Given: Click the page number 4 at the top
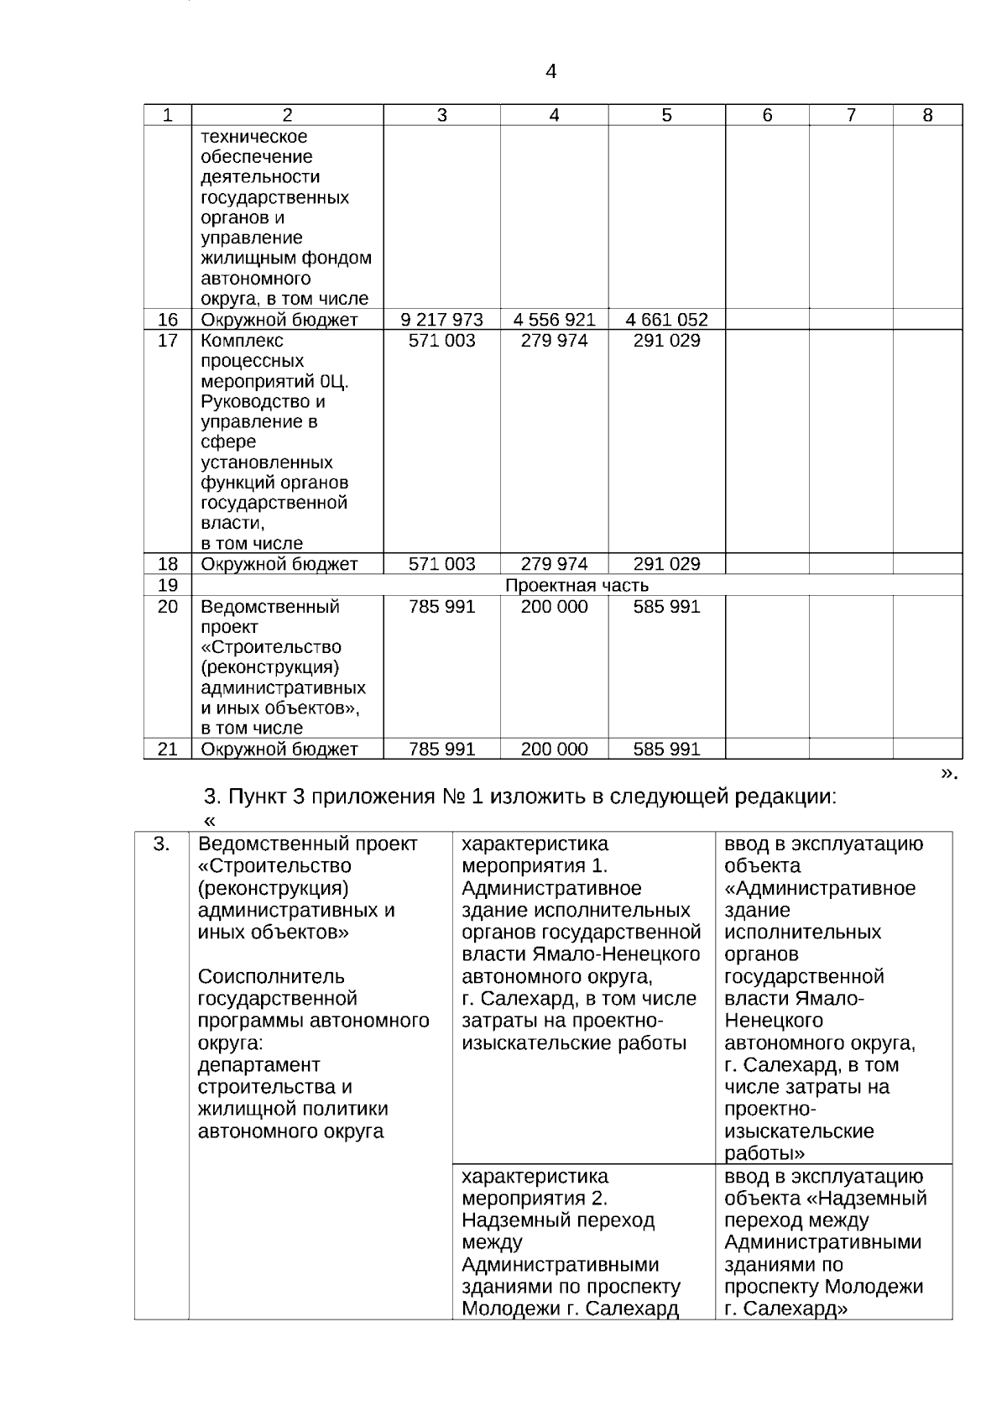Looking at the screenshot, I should click(x=550, y=72).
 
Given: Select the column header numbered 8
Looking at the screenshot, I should click(x=927, y=116).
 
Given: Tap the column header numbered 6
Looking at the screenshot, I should click(x=767, y=116).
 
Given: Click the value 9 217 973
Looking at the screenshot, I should click(x=442, y=320).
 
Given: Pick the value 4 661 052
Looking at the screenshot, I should click(x=666, y=320).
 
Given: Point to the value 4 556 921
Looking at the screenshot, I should click(x=554, y=320).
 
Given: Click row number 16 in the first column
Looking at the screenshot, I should click(x=168, y=320).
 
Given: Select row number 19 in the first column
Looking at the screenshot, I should click(x=168, y=585).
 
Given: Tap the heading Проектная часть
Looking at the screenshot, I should click(x=577, y=585).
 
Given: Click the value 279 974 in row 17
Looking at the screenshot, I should click(x=554, y=341).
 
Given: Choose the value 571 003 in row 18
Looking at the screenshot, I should click(x=442, y=564).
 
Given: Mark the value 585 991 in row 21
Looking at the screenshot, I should click(x=666, y=749).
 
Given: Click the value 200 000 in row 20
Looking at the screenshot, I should click(x=554, y=606).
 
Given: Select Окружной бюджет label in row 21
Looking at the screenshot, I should click(x=279, y=749).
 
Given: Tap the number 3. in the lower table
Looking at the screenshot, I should click(x=161, y=844).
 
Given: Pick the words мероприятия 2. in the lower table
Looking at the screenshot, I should click(x=535, y=1199).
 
